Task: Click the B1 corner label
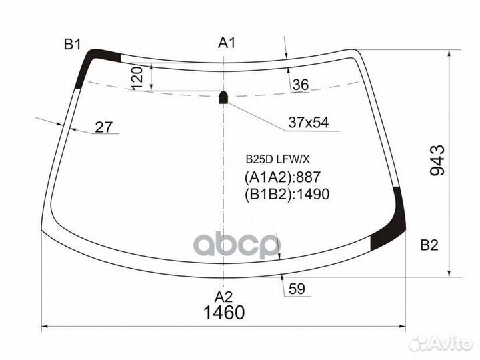point(72,45)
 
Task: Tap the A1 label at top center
point(228,43)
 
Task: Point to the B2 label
point(429,245)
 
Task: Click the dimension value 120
point(138,79)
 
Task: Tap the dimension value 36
point(301,85)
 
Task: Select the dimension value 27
point(103,127)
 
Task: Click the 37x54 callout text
point(309,123)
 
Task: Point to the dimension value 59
point(297,289)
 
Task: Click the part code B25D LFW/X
point(278,159)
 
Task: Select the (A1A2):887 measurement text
point(283,177)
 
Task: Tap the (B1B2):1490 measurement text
point(288,194)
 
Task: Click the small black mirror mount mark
point(224,97)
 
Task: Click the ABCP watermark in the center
point(237,245)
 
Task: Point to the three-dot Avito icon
point(417,343)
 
